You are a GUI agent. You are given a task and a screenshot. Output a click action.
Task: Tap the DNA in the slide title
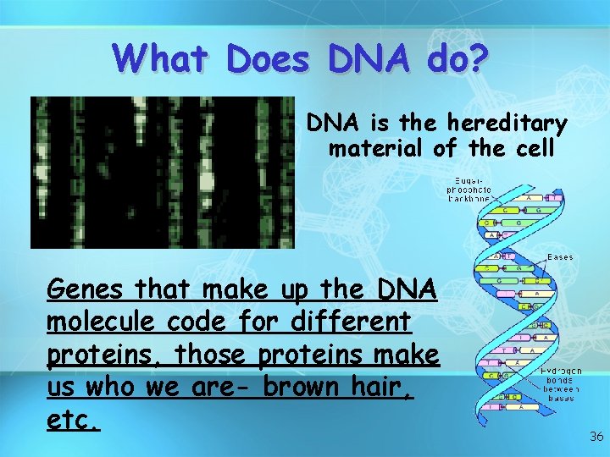click(x=369, y=58)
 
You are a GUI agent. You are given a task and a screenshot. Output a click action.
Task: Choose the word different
click(x=350, y=322)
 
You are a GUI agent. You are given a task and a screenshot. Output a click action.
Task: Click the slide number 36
click(x=596, y=437)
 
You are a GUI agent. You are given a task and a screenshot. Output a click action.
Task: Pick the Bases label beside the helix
click(x=560, y=256)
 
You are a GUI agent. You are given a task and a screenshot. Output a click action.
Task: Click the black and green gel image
click(x=162, y=172)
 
